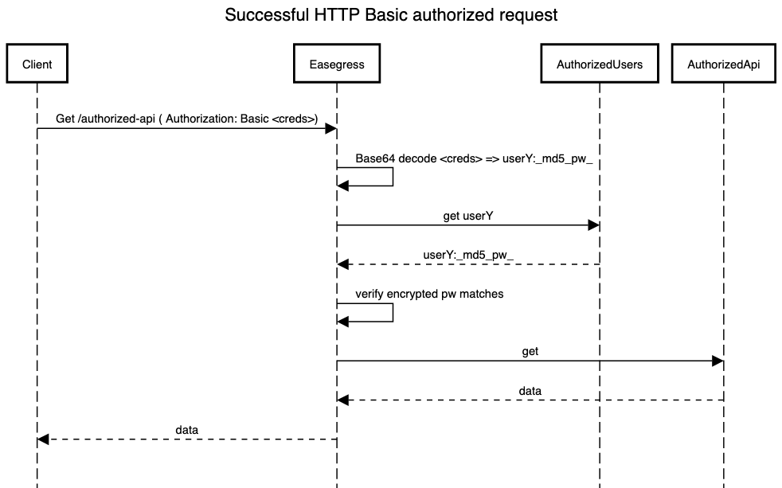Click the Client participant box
[x=37, y=64]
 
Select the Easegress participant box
[x=337, y=64]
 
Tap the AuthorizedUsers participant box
[x=600, y=64]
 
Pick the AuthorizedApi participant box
[x=724, y=64]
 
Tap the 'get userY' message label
[x=468, y=215]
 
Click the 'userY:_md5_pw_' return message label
[x=468, y=254]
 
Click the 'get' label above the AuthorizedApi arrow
[x=530, y=351]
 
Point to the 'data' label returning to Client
[x=187, y=430]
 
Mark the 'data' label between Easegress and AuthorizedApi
[x=530, y=391]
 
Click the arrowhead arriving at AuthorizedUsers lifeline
[x=593, y=225]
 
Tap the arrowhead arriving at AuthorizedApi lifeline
[x=717, y=361]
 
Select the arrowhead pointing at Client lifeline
[x=43, y=439]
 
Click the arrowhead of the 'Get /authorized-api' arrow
[x=330, y=128]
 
